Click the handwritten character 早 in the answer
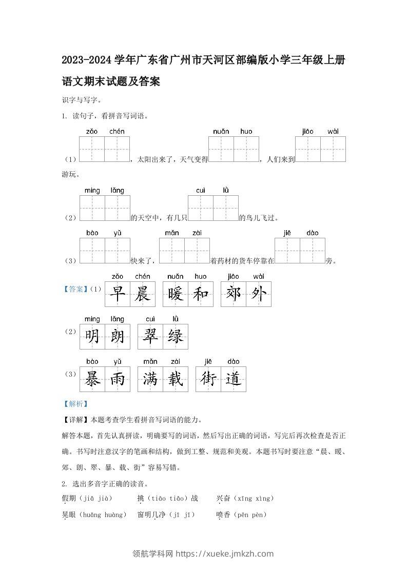118,294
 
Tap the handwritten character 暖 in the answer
176,294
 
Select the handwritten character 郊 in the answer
234,294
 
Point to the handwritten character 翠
150,337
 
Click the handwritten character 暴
92,379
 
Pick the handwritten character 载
176,379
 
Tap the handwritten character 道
234,379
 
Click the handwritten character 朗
118,337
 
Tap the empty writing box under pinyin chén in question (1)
118,150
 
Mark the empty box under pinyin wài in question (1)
333,150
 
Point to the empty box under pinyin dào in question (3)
313,251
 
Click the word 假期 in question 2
69,498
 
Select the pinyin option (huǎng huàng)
102,515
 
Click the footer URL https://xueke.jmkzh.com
225,553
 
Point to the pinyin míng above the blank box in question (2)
92,191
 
